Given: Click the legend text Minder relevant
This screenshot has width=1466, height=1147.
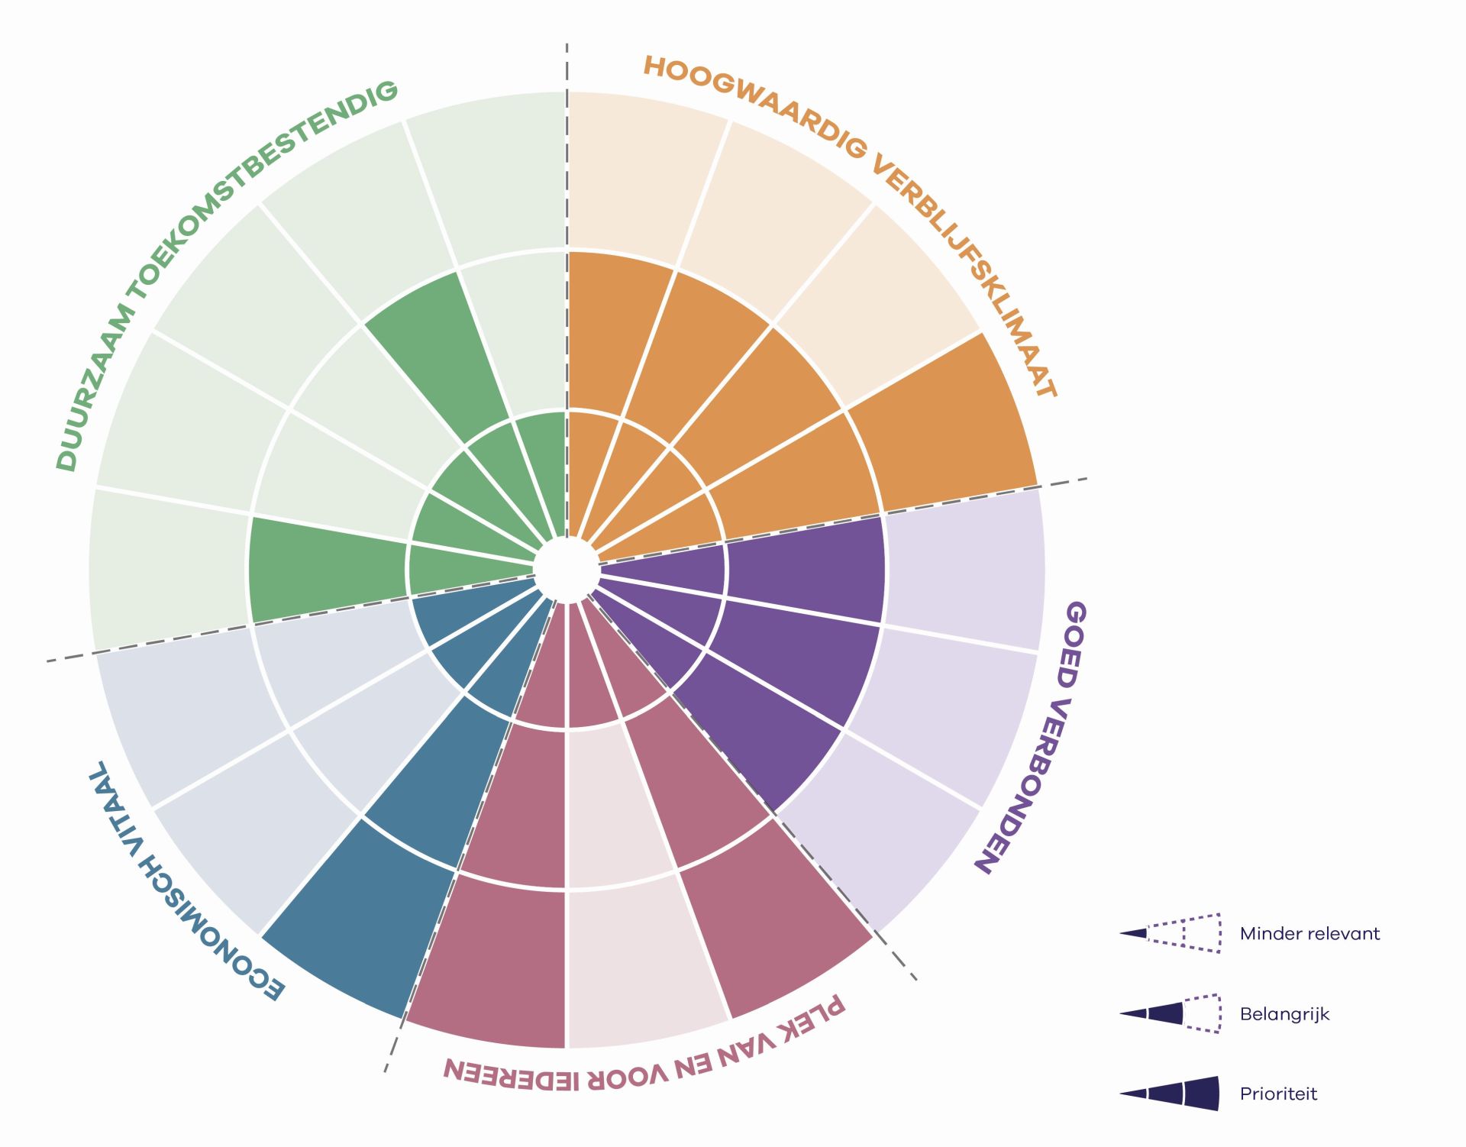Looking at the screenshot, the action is [x=1309, y=934].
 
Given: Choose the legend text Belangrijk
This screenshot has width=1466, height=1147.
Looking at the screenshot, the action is [x=1284, y=1015].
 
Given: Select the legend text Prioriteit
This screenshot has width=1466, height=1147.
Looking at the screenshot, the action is [x=1278, y=1094].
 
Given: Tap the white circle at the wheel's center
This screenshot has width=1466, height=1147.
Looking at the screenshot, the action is [x=566, y=570].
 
